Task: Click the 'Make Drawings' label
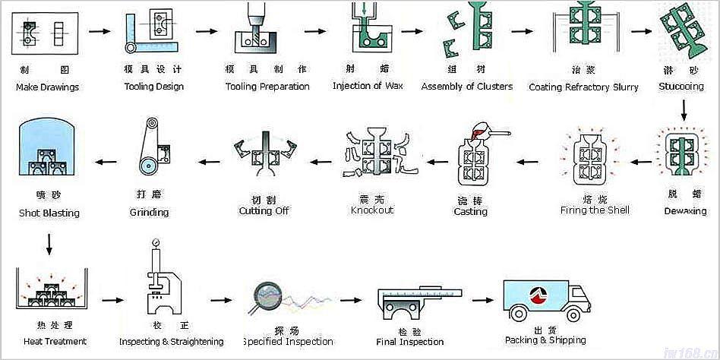[47, 87]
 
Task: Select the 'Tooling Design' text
[154, 87]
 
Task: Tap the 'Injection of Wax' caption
[368, 86]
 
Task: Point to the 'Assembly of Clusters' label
[467, 86]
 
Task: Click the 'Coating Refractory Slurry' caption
[583, 87]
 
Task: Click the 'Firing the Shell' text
[595, 210]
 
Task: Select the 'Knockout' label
[372, 210]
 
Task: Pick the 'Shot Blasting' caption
[49, 213]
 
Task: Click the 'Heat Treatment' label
[55, 341]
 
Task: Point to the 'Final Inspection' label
[410, 342]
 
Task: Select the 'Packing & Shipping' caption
[545, 340]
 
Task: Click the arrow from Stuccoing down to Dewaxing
[684, 112]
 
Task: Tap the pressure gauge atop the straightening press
[156, 244]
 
